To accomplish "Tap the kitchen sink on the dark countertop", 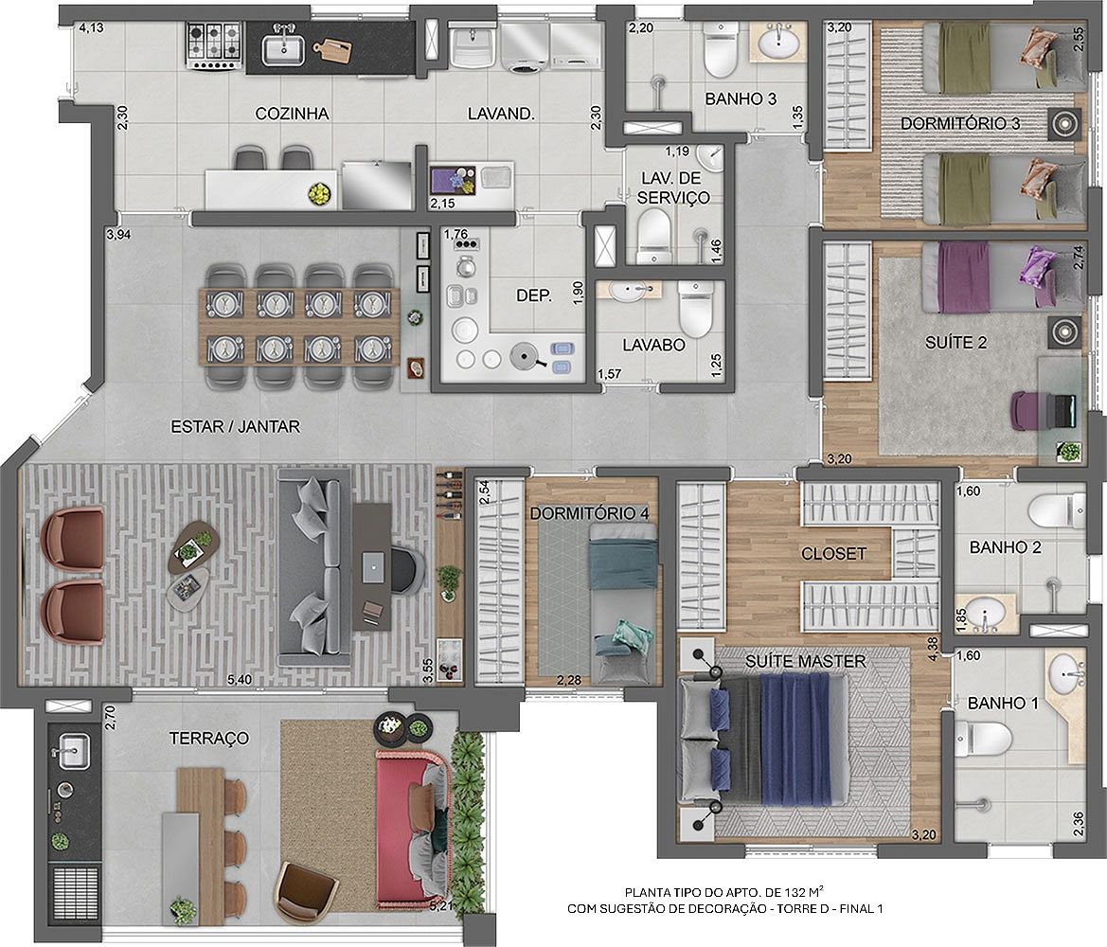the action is coord(283,48).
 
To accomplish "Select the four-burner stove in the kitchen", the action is coord(215,45).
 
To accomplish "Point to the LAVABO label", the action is coord(653,345).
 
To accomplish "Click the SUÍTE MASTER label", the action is coord(806,661).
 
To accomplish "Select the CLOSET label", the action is coord(833,554).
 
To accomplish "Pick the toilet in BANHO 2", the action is coord(1057,509).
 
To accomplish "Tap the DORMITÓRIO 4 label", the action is coord(590,512).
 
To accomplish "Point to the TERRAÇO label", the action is coord(209,738).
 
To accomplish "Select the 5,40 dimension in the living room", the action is coord(240,680).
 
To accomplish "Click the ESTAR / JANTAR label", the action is coord(236,426).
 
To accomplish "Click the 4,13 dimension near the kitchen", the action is coord(91,28).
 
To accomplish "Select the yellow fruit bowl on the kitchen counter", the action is coord(320,192).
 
